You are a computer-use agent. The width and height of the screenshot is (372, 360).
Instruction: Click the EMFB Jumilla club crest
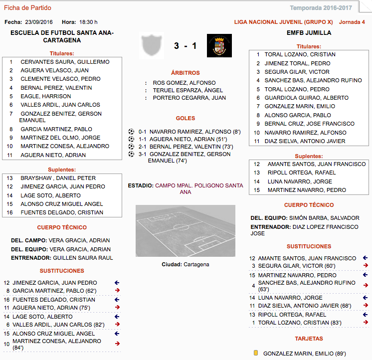(x=219, y=46)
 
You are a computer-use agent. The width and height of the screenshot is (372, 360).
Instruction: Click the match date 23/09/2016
(x=39, y=22)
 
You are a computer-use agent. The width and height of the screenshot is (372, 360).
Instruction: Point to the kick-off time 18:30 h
(x=88, y=22)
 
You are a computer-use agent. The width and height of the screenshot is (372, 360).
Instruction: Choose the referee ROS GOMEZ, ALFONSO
(x=184, y=83)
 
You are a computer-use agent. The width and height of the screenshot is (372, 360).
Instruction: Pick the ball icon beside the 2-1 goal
(x=131, y=147)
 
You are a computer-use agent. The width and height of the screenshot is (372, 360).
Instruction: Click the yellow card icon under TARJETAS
(x=256, y=353)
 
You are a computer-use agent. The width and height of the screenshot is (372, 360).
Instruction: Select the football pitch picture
(x=186, y=231)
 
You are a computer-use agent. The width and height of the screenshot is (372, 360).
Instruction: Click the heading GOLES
(x=186, y=119)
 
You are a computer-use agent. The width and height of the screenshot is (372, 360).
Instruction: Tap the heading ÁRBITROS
(x=186, y=73)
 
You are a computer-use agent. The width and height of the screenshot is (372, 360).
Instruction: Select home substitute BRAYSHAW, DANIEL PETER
(x=58, y=178)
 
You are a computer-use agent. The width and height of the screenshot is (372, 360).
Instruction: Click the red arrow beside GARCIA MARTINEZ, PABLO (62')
(x=117, y=291)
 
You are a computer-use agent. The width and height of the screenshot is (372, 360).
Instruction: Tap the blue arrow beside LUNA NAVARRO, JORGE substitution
(x=365, y=298)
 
